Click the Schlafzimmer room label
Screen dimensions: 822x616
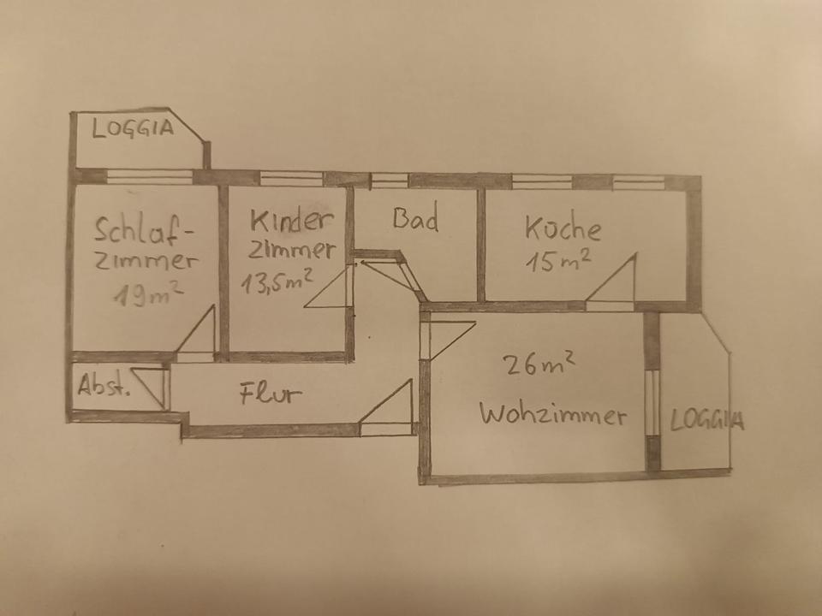(146, 245)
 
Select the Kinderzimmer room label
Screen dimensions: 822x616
(291, 234)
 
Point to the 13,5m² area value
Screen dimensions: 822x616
(276, 281)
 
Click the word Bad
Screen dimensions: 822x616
(416, 219)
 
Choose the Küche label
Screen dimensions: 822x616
(563, 228)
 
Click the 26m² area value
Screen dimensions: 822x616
(539, 365)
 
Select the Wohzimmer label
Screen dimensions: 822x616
(552, 416)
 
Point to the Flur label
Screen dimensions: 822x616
(271, 394)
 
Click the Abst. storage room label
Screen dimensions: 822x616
(104, 387)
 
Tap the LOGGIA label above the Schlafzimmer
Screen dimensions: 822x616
(133, 130)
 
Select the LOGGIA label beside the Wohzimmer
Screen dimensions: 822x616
(706, 420)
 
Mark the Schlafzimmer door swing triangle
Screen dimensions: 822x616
(200, 334)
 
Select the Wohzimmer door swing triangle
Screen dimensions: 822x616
(445, 335)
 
